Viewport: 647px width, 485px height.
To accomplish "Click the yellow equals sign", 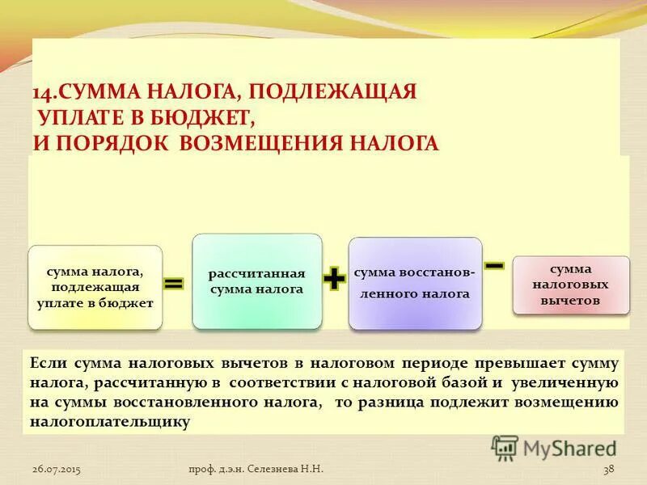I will (174, 284).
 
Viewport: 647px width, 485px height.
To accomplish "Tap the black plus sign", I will (334, 280).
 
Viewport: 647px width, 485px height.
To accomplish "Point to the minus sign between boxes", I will (495, 265).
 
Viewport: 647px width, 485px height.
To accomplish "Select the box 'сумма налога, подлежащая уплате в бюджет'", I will (95, 288).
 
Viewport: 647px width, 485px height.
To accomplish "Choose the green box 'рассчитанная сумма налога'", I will (256, 281).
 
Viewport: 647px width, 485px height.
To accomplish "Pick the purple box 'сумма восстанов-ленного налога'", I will (415, 284).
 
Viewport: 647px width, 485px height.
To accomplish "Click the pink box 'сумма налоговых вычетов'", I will (571, 285).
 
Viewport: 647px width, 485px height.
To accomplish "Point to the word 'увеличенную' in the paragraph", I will (565, 383).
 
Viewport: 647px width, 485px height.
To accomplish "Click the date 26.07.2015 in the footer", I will (57, 470).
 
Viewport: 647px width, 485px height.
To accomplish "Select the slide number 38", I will (609, 470).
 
